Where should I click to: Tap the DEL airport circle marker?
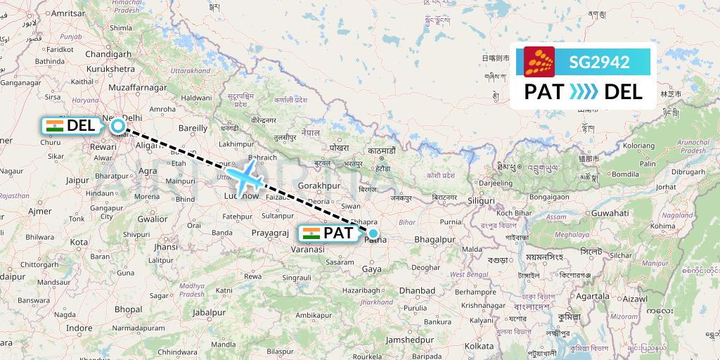coord(118,126)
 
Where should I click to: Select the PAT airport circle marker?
coord(373,233)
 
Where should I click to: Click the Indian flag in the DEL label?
coord(54,126)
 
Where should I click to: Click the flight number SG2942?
coord(599,61)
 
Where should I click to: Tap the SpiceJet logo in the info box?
coord(539,62)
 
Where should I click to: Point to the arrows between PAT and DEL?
coord(583,91)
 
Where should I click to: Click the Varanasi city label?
coord(309,249)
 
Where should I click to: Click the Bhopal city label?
coord(128,309)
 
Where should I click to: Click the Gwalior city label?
coord(153,219)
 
